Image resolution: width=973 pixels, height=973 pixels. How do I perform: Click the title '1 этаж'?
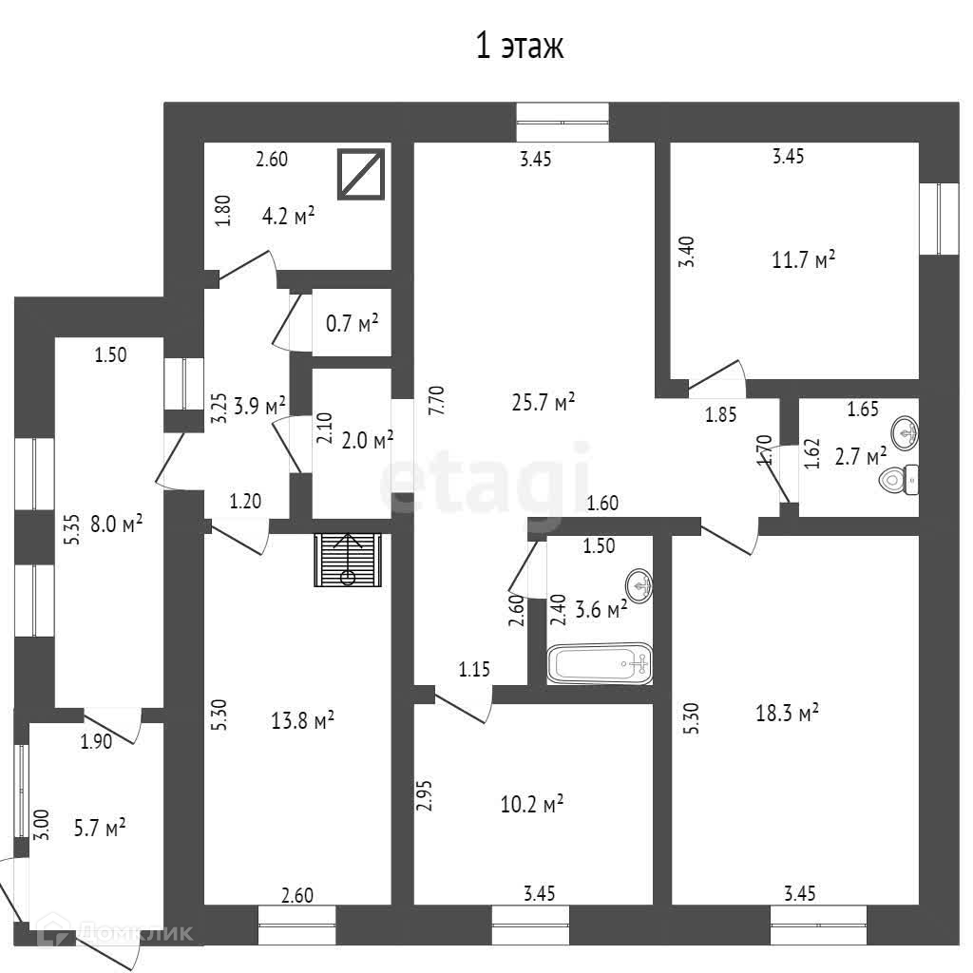[x=519, y=46]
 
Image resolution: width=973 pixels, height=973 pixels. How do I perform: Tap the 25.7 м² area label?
[x=544, y=404]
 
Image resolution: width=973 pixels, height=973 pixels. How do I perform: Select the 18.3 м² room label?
[x=788, y=713]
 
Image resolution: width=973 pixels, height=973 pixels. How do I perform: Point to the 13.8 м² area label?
[x=303, y=722]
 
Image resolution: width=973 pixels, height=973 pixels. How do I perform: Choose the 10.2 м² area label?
[x=532, y=805]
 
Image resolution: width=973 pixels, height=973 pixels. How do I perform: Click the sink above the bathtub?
[x=641, y=584]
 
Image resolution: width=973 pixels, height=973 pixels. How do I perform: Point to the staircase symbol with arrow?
[x=349, y=562]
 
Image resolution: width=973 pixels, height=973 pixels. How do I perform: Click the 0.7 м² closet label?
[x=352, y=324]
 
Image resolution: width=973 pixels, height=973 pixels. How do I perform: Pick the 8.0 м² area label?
[x=116, y=524]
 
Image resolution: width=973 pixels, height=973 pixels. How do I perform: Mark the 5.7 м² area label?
[x=101, y=829]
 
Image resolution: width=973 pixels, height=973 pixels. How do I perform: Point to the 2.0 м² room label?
[x=367, y=440]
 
